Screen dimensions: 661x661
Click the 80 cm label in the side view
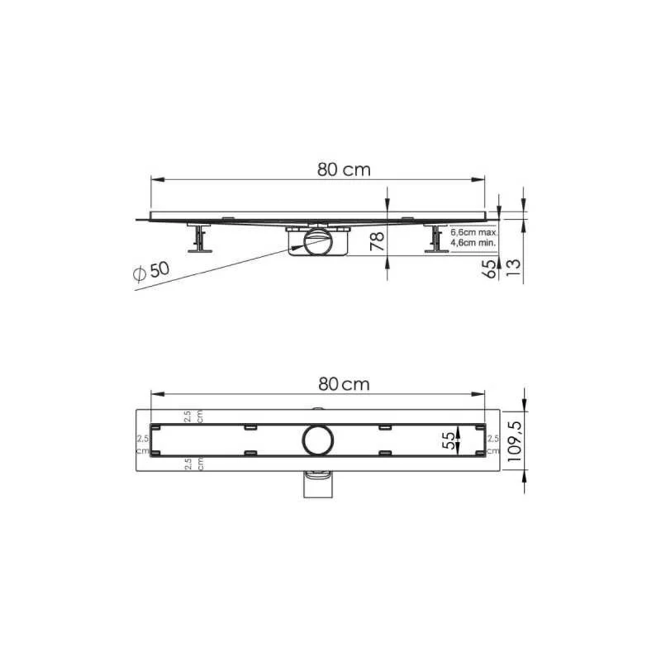tap(344, 170)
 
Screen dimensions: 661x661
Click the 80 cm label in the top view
tap(344, 384)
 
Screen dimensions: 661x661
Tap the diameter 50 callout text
tap(152, 271)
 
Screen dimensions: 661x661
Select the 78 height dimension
tap(377, 241)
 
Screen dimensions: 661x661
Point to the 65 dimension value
tap(489, 269)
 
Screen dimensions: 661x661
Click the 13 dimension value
tap(513, 268)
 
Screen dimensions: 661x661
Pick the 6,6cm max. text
tap(474, 232)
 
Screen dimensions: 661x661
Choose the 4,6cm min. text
tap(473, 243)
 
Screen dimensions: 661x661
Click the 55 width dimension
tap(449, 440)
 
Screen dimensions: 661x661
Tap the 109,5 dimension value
tap(515, 441)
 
